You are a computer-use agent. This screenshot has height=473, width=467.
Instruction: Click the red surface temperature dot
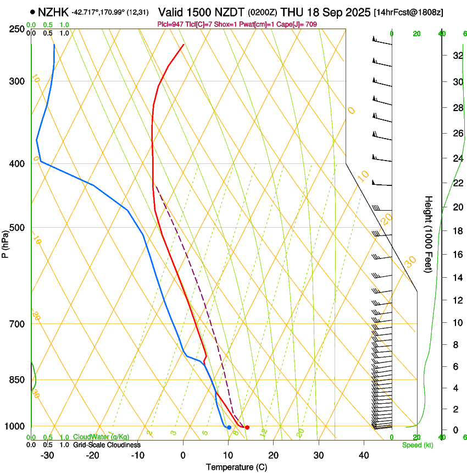(x=247, y=427)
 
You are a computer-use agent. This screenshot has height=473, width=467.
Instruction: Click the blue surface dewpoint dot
(x=229, y=427)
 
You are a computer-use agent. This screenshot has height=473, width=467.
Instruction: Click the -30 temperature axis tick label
(x=47, y=455)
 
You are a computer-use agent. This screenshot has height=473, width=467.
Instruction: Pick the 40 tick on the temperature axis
(x=363, y=455)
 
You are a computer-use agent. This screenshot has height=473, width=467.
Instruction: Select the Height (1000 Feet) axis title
(x=429, y=234)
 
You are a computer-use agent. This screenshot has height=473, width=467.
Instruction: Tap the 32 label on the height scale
(x=457, y=56)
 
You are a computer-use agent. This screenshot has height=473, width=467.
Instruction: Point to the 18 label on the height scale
(x=457, y=231)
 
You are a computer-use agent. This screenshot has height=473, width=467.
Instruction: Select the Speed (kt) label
(x=418, y=445)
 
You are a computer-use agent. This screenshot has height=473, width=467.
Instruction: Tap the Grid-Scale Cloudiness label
(x=107, y=444)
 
